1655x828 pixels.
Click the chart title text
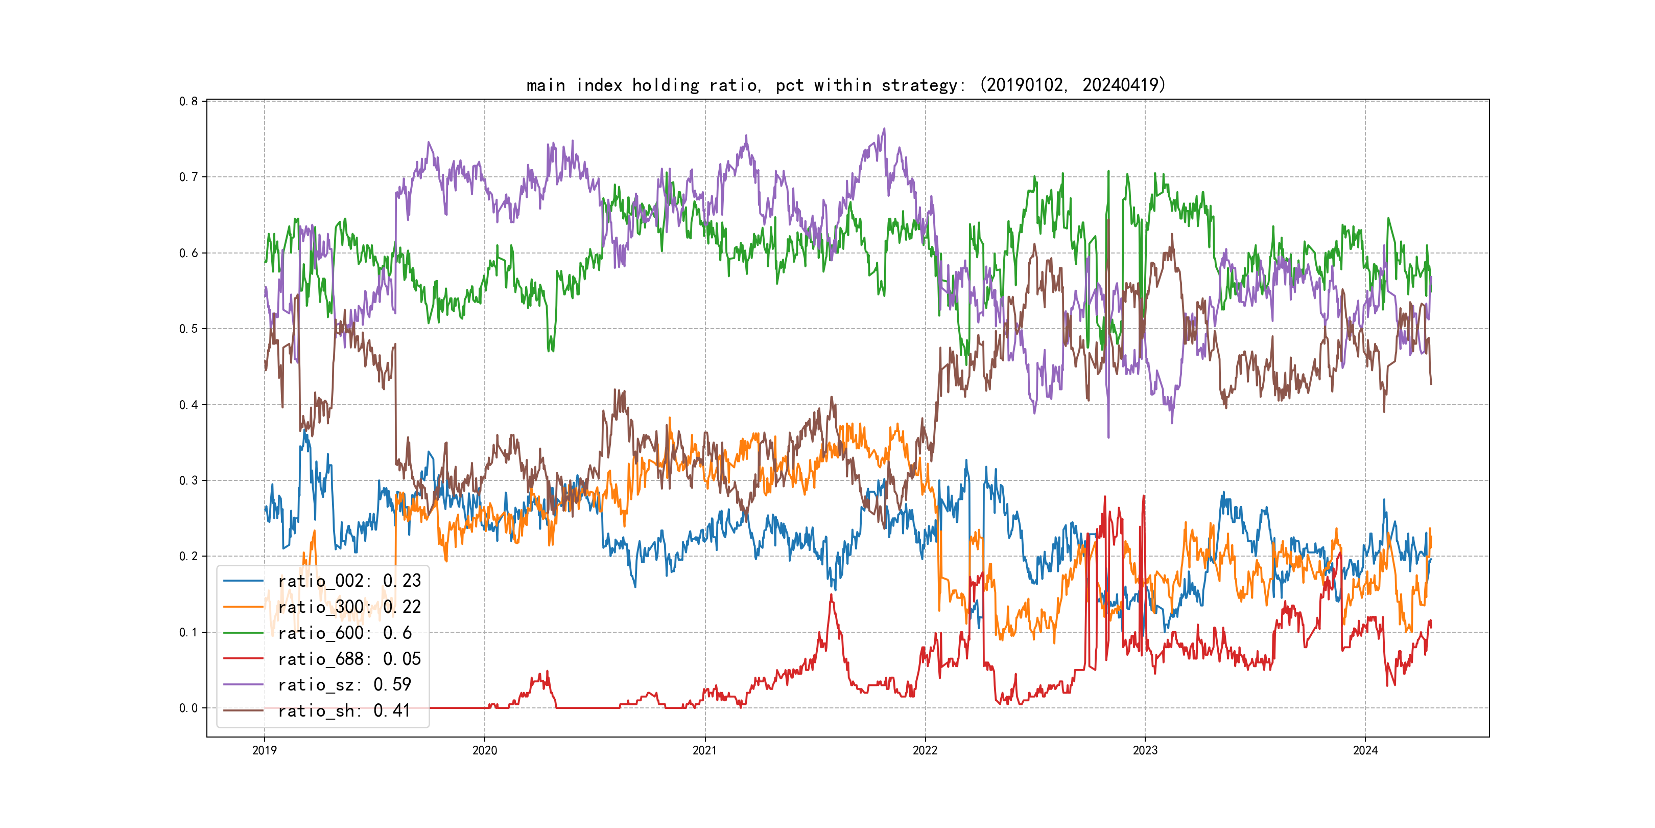point(845,85)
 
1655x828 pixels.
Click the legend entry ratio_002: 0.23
point(349,581)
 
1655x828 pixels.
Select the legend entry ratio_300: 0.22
point(349,607)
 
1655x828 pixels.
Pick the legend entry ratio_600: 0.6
point(344,633)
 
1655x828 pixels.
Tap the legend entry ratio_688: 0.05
point(349,659)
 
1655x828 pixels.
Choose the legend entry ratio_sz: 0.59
point(344,685)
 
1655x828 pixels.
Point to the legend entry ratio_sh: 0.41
point(344,710)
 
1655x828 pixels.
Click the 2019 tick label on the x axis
point(264,750)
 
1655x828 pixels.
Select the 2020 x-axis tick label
point(484,750)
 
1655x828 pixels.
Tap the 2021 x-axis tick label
point(705,750)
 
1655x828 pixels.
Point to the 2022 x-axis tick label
point(925,750)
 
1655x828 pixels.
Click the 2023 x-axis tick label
point(1145,750)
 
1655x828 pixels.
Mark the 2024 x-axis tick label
point(1365,750)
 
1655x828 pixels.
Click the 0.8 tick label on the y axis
point(188,102)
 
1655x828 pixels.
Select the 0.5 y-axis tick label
point(188,329)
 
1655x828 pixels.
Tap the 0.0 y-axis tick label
point(188,708)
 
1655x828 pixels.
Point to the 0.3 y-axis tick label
point(188,480)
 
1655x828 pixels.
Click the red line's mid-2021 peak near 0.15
point(832,595)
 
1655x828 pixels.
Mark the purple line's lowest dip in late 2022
point(1108,437)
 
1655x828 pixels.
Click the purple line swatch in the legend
point(243,685)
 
